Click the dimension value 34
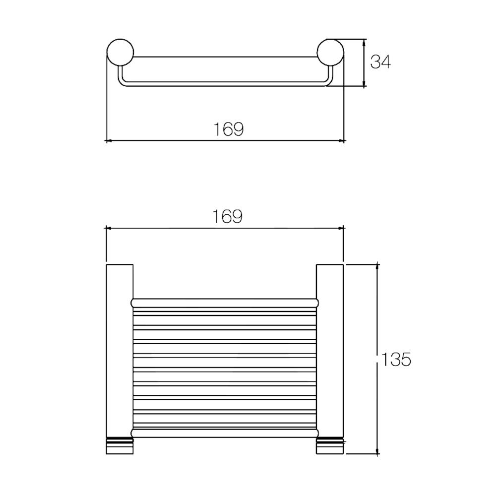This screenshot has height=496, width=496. [381, 62]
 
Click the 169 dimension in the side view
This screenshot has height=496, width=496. [229, 129]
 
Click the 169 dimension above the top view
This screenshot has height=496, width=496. [228, 217]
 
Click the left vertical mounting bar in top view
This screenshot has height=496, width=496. [120, 347]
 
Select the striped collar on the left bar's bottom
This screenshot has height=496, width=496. [120, 440]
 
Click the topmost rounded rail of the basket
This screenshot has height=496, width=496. [224, 302]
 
